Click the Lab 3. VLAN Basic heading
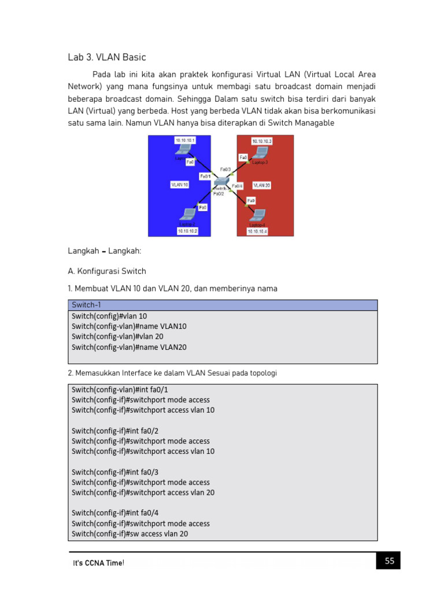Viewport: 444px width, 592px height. tap(107, 57)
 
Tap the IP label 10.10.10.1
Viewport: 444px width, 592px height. tap(185, 140)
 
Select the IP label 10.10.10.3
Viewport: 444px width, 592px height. tap(261, 140)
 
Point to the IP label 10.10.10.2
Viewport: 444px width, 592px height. tap(187, 231)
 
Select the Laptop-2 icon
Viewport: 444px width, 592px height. tap(187, 214)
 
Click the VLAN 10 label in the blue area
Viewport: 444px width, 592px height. tap(179, 185)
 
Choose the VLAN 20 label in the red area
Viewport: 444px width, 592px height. tap(261, 185)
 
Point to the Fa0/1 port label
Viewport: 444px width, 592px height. tap(205, 176)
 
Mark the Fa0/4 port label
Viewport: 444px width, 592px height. tap(238, 186)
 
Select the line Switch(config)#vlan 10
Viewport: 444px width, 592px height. tap(109, 316)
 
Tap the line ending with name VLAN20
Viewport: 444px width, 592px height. tap(129, 347)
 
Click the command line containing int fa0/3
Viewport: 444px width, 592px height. tap(115, 472)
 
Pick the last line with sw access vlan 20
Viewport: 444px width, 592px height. tap(129, 534)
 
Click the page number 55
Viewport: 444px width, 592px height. tap(389, 560)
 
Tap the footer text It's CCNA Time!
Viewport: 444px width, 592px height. tap(98, 563)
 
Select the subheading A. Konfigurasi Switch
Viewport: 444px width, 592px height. tap(107, 271)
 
